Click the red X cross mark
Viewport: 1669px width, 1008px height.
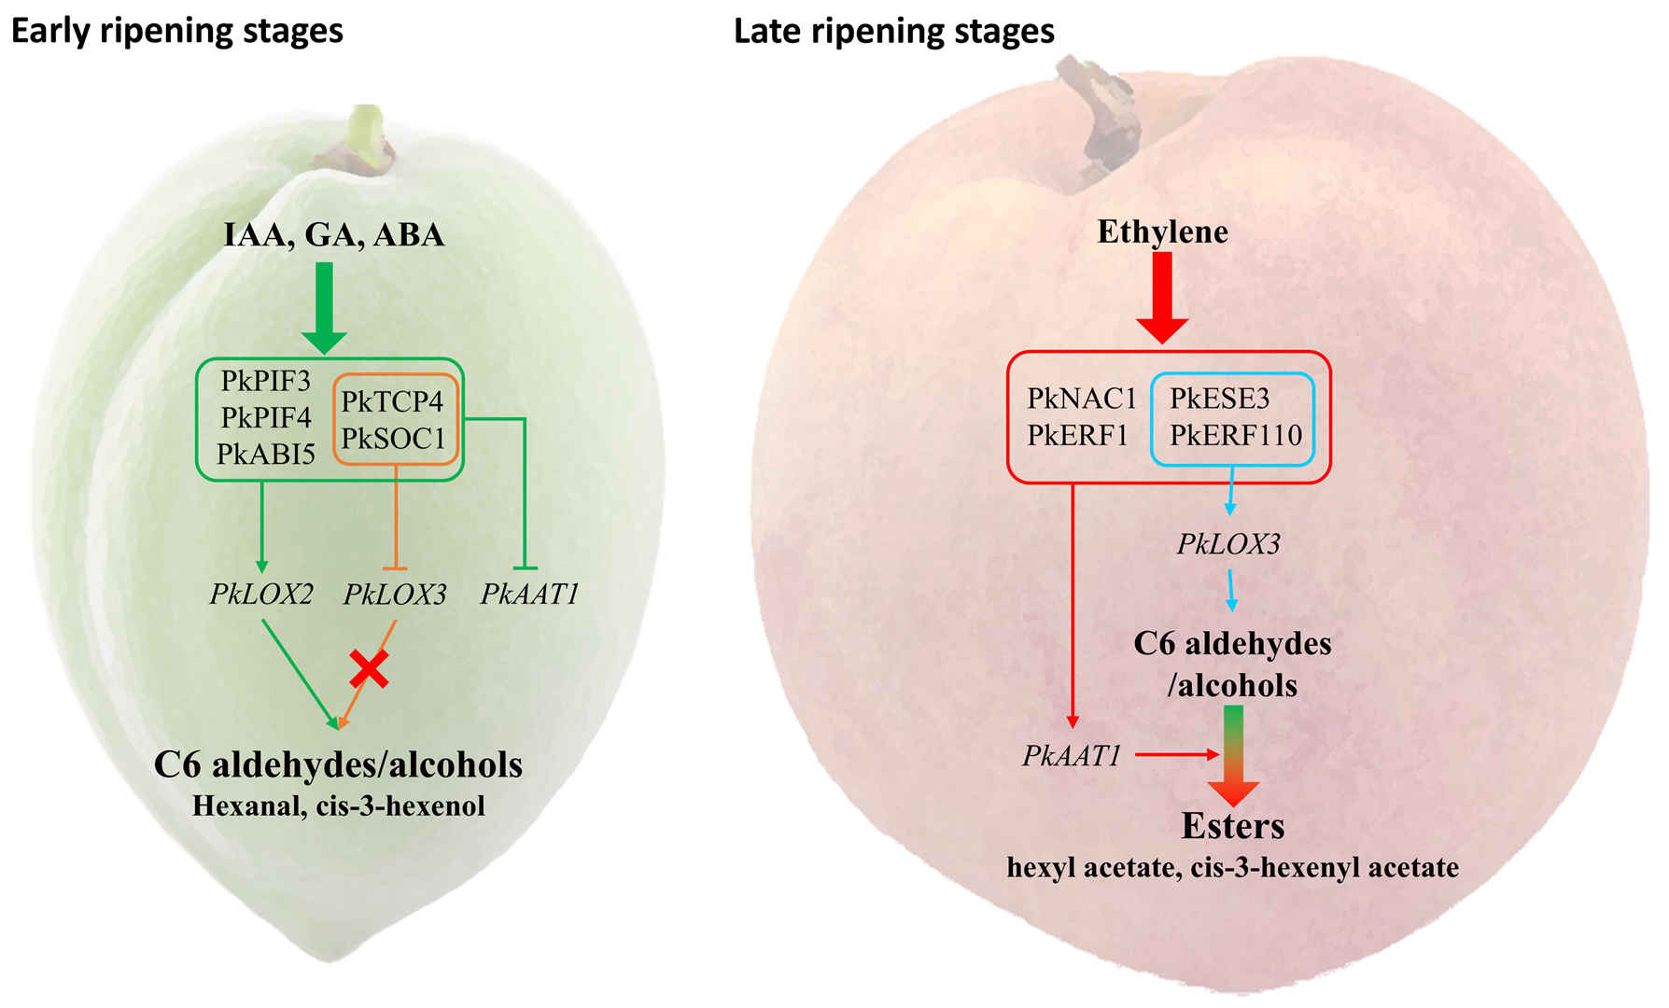pyautogui.click(x=370, y=669)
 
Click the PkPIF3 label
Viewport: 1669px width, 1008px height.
pyautogui.click(x=265, y=381)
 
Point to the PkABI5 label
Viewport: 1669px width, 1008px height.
pyautogui.click(x=266, y=454)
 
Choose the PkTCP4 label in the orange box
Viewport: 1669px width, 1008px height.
pyautogui.click(x=392, y=401)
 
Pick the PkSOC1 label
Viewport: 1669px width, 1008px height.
pyautogui.click(x=393, y=438)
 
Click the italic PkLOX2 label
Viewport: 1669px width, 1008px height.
pyautogui.click(x=261, y=594)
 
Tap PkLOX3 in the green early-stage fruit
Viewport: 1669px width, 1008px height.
pyautogui.click(x=395, y=594)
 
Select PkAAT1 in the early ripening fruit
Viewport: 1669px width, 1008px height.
pyautogui.click(x=529, y=594)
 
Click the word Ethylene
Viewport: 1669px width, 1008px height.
pyautogui.click(x=1162, y=231)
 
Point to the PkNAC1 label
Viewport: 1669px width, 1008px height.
pyautogui.click(x=1081, y=399)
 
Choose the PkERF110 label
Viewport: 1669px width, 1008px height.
pyautogui.click(x=1235, y=435)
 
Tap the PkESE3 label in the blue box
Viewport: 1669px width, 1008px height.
pyautogui.click(x=1219, y=399)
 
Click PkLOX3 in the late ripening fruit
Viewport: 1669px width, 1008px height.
pyautogui.click(x=1228, y=544)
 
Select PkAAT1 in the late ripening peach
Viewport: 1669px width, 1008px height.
pyautogui.click(x=1072, y=755)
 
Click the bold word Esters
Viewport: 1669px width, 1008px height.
pyautogui.click(x=1232, y=826)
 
